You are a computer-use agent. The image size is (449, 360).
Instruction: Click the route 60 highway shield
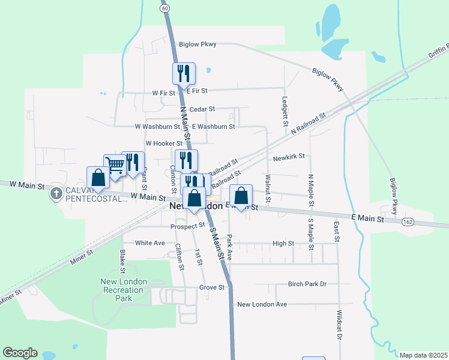click(x=164, y=8)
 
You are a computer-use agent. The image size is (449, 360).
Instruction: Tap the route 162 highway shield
click(x=408, y=221)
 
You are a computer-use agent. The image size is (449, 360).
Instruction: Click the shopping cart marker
click(x=115, y=165)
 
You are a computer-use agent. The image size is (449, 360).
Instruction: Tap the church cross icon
click(x=56, y=193)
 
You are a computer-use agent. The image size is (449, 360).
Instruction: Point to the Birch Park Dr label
click(x=307, y=284)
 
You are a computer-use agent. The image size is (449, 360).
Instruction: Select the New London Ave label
click(x=262, y=304)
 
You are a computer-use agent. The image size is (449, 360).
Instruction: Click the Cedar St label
click(x=202, y=109)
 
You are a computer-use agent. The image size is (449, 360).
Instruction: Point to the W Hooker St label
click(x=163, y=143)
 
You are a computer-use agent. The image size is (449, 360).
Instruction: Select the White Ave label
click(x=149, y=243)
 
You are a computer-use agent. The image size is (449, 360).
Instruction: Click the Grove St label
click(x=211, y=287)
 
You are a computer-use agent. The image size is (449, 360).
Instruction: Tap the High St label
click(x=283, y=244)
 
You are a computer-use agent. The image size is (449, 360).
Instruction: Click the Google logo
click(x=20, y=353)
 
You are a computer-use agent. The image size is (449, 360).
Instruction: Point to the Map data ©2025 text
click(x=423, y=355)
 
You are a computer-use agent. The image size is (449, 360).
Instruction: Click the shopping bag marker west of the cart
click(x=98, y=178)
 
